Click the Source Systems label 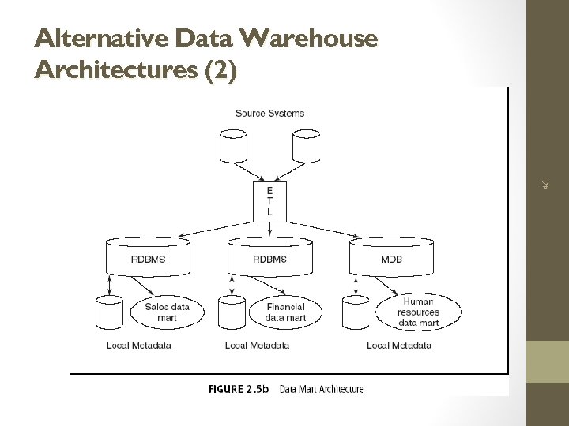269,113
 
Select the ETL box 270,201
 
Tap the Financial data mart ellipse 284,312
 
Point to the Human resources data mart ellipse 418,312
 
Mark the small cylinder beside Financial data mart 232,312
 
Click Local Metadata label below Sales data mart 139,345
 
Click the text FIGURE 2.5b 239,388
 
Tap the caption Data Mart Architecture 321,388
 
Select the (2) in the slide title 220,70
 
